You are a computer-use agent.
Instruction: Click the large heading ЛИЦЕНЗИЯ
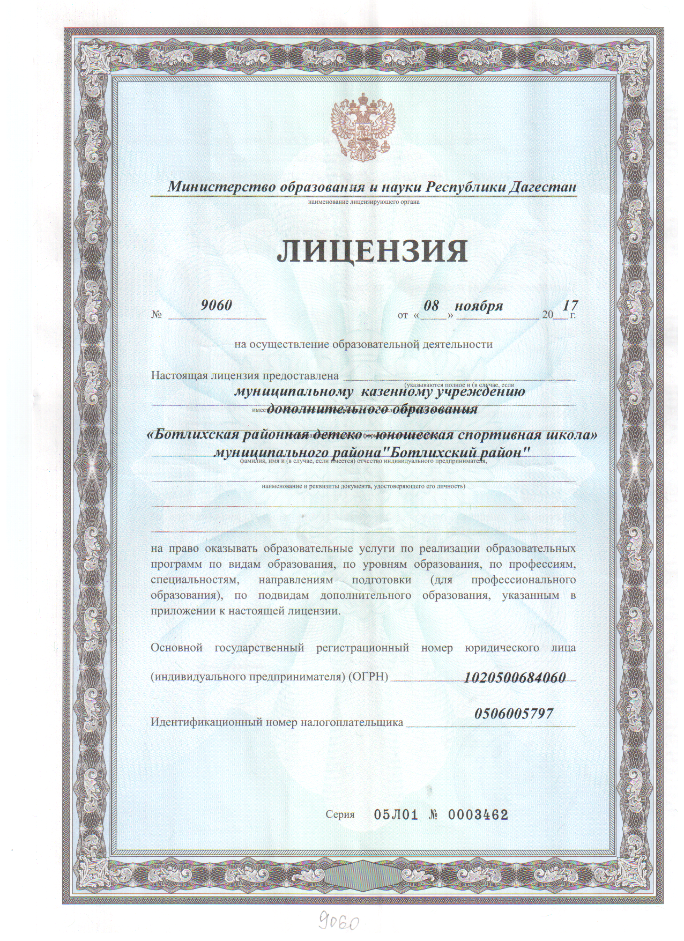tap(372, 250)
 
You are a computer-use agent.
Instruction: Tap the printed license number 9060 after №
tap(216, 305)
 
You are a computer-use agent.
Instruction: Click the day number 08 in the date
tap(432, 306)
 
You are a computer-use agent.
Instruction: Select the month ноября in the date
tap(479, 306)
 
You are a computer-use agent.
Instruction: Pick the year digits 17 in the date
tap(570, 305)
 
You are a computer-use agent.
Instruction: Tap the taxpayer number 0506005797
tap(514, 713)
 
